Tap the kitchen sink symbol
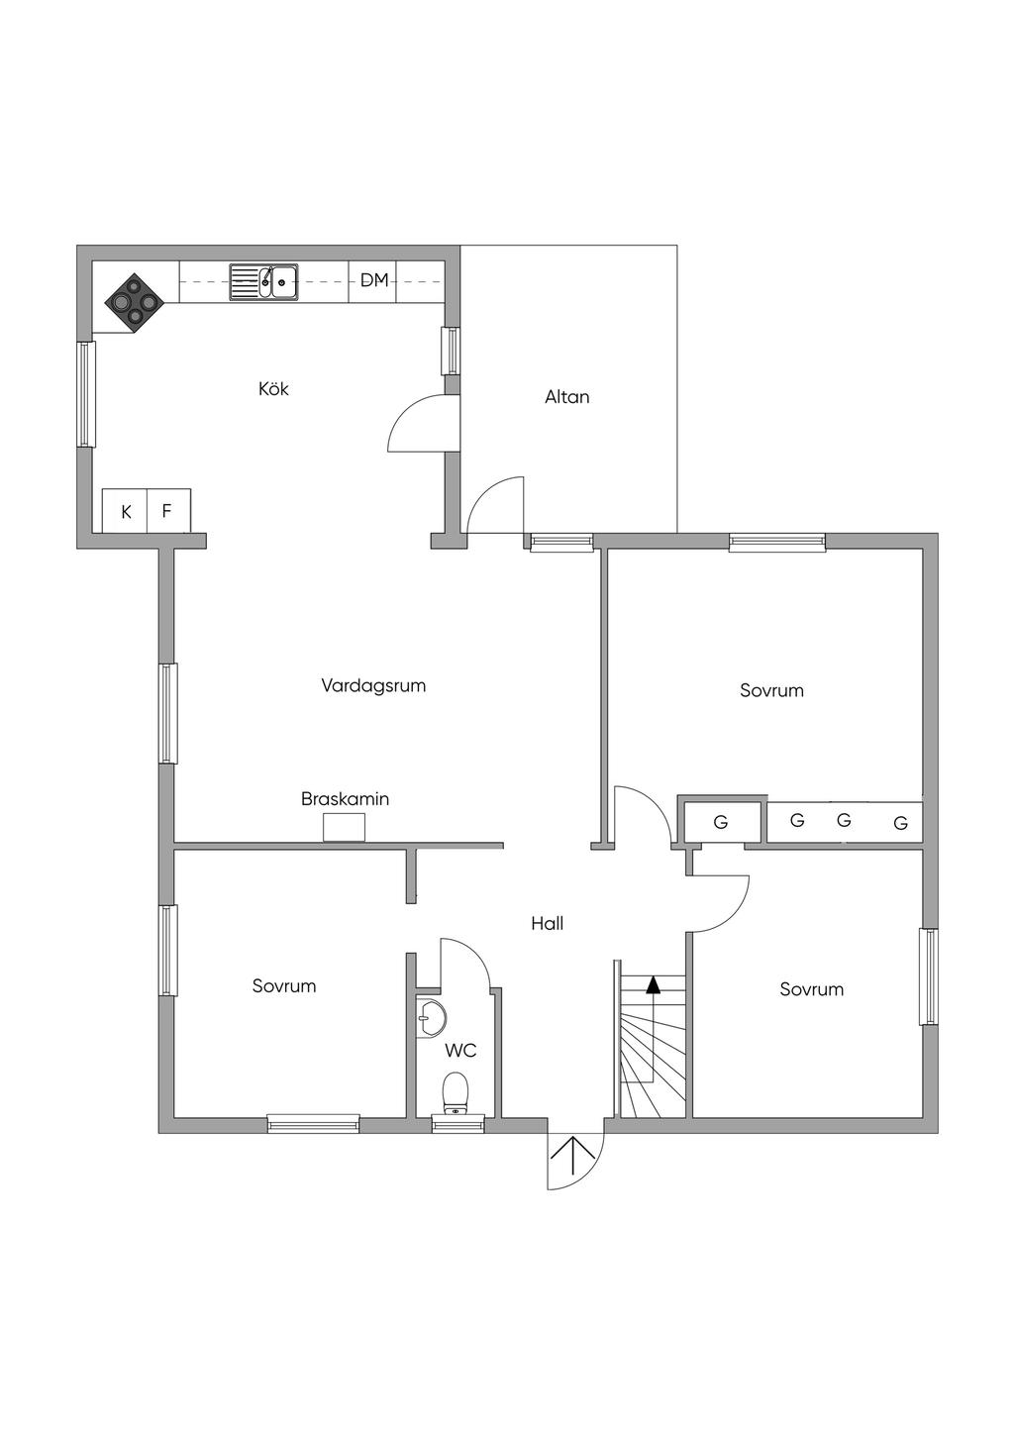click(x=264, y=281)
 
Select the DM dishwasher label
click(x=374, y=280)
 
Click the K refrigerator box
click(x=126, y=512)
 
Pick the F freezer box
click(x=167, y=511)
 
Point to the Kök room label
click(x=273, y=389)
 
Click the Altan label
click(x=566, y=397)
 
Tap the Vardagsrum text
click(x=373, y=685)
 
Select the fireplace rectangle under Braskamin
click(x=344, y=827)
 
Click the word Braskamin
click(x=345, y=798)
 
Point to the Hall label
click(x=547, y=924)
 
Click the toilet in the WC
click(x=456, y=1092)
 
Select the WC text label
click(x=460, y=1051)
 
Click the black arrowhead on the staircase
click(x=653, y=984)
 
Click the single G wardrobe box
click(x=721, y=822)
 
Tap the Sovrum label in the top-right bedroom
click(x=771, y=690)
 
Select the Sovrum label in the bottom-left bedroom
click(x=284, y=986)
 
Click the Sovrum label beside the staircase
click(x=812, y=989)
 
